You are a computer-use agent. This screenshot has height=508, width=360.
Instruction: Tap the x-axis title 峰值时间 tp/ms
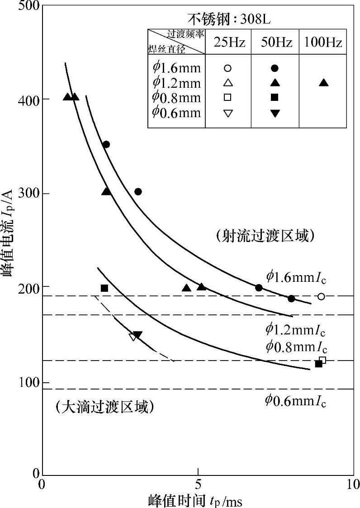pyautogui.click(x=198, y=500)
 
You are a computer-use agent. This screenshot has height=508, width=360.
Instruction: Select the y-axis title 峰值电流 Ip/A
pyautogui.click(x=9, y=240)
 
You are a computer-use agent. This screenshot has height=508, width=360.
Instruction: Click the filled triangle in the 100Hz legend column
pyautogui.click(x=323, y=83)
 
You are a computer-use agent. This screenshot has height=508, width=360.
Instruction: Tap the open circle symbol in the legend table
pyautogui.click(x=228, y=68)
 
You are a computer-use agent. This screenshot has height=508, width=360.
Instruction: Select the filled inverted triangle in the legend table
pyautogui.click(x=274, y=114)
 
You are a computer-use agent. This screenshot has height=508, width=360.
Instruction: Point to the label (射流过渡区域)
pyautogui.click(x=265, y=236)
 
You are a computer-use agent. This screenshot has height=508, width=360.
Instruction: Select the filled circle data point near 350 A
pyautogui.click(x=106, y=144)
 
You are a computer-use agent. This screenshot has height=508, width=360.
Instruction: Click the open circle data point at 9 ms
pyautogui.click(x=321, y=296)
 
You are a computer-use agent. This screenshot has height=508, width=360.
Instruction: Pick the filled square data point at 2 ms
pyautogui.click(x=104, y=288)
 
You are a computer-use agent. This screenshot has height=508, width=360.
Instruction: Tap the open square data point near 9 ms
pyautogui.click(x=322, y=360)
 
